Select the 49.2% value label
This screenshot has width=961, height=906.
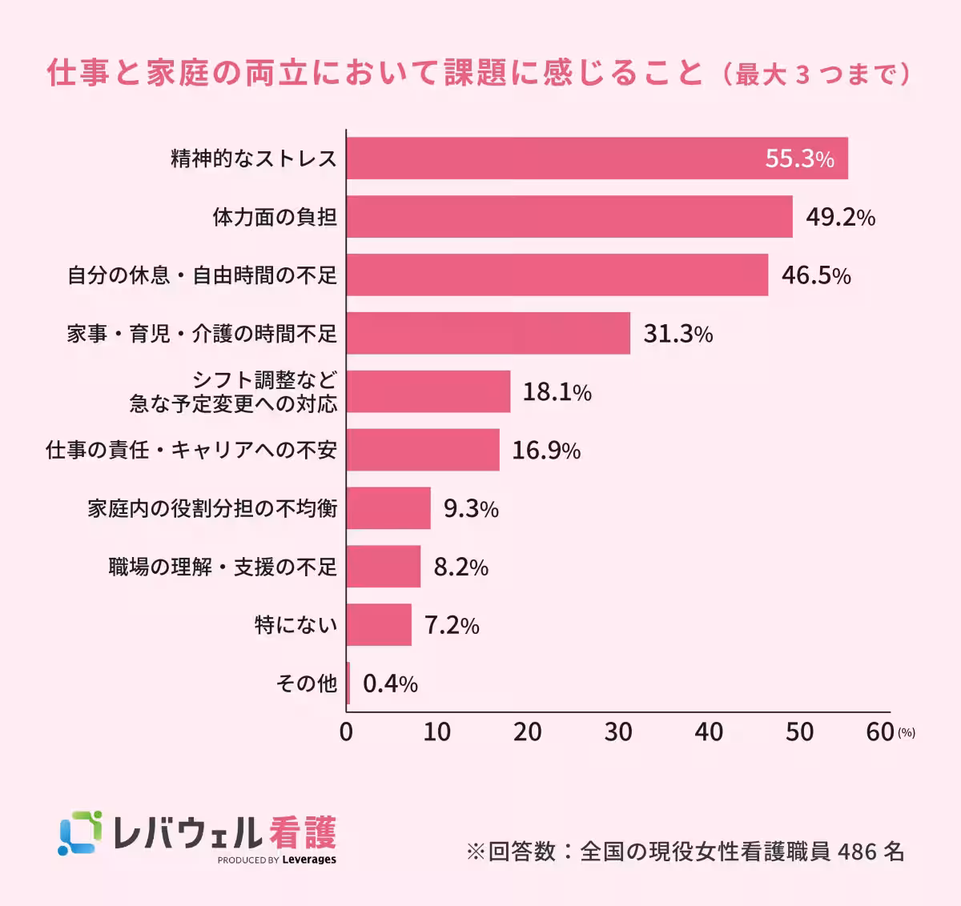(840, 217)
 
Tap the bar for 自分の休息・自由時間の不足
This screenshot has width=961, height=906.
(557, 275)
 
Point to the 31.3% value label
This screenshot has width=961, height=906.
(678, 334)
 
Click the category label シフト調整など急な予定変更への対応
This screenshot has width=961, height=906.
(234, 391)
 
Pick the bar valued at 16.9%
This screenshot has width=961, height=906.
(423, 450)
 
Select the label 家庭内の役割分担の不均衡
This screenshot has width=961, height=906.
(212, 508)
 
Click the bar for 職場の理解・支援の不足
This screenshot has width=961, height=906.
(384, 567)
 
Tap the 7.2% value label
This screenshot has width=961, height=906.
(452, 625)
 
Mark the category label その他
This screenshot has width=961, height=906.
(306, 684)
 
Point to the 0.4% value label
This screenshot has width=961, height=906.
(390, 684)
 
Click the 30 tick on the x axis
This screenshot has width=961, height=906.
(618, 732)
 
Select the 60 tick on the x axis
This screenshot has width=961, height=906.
(880, 732)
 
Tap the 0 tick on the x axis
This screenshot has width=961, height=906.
(346, 732)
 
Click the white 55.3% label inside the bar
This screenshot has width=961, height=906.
(799, 158)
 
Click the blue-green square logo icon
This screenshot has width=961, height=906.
(80, 832)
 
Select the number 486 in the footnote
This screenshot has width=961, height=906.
(857, 851)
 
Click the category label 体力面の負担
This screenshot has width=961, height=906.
(275, 217)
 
